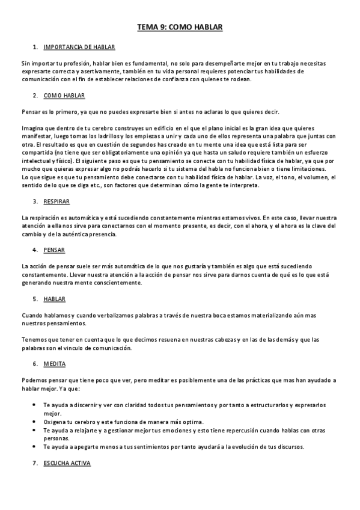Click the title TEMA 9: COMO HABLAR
[180, 27]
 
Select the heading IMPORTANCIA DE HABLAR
[79, 46]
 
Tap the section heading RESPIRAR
[56, 201]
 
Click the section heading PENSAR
[54, 250]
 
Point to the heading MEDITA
[54, 364]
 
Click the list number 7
[35, 463]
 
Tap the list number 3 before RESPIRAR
[35, 201]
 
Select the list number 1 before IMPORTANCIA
[35, 46]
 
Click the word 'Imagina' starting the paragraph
[31, 128]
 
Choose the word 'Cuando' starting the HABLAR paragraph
[32, 316]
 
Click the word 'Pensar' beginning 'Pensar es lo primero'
[30, 112]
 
